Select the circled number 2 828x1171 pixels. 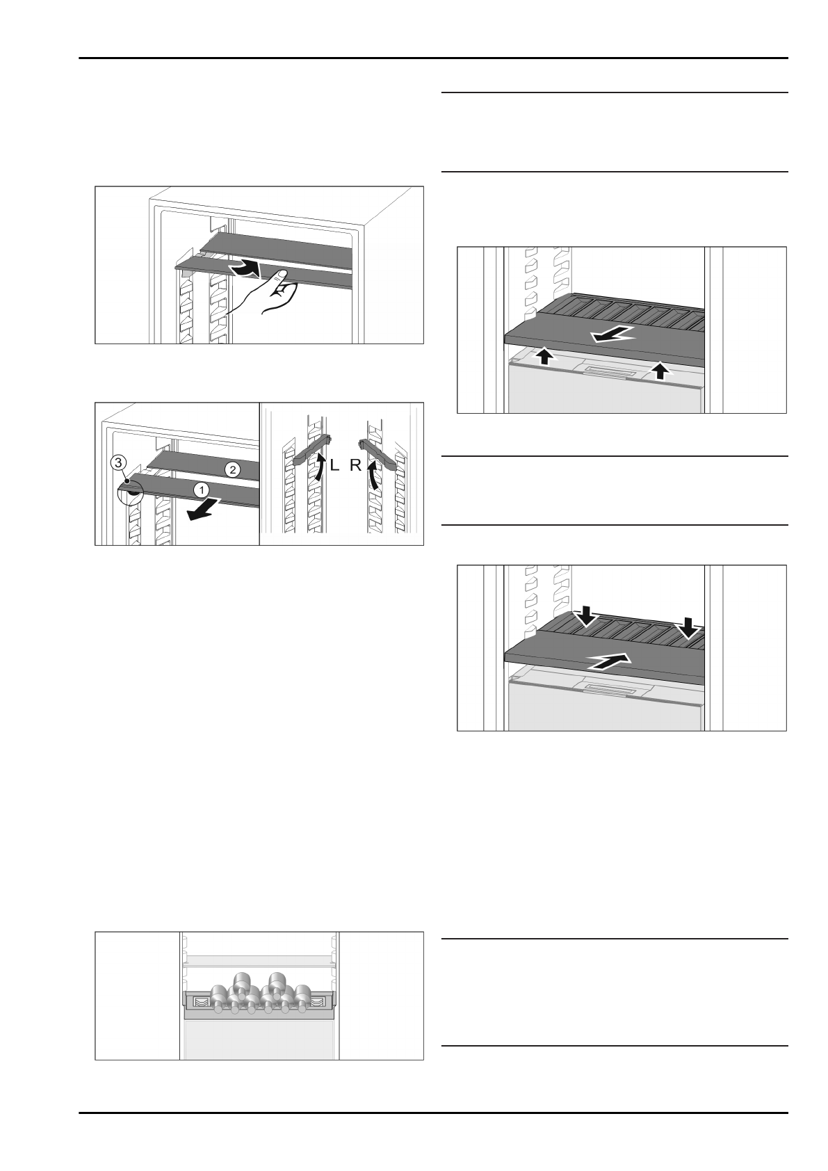pyautogui.click(x=233, y=470)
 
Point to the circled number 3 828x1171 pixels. pyautogui.click(x=120, y=462)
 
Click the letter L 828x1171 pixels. pyautogui.click(x=334, y=467)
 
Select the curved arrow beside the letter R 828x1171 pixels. pyautogui.click(x=374, y=478)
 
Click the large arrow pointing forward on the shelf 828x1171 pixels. pyautogui.click(x=612, y=335)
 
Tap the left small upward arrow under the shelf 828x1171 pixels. pyautogui.click(x=546, y=357)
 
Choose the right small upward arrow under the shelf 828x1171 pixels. pyautogui.click(x=660, y=371)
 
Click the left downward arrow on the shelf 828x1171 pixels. pyautogui.click(x=585, y=615)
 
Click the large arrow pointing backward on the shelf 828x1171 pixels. pyautogui.click(x=609, y=661)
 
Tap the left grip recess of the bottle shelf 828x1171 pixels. pyautogui.click(x=200, y=1001)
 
